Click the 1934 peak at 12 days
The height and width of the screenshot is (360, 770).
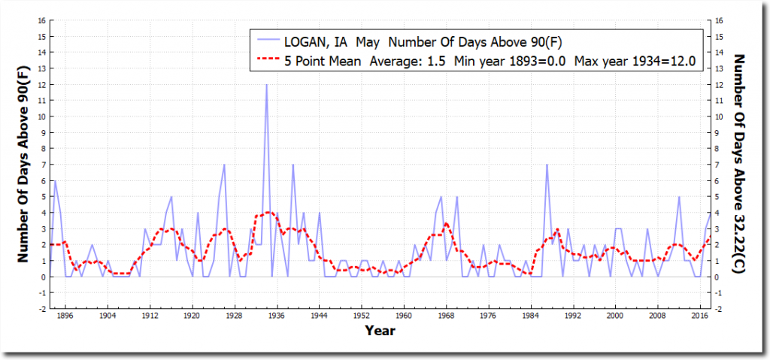(x=266, y=85)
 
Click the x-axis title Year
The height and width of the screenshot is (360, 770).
(x=380, y=329)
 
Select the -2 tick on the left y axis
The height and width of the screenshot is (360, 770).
(x=43, y=309)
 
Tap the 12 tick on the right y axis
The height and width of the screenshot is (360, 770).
(x=721, y=85)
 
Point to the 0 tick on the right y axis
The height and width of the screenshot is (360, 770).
(x=720, y=277)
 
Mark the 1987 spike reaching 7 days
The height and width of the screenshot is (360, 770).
(x=547, y=165)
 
